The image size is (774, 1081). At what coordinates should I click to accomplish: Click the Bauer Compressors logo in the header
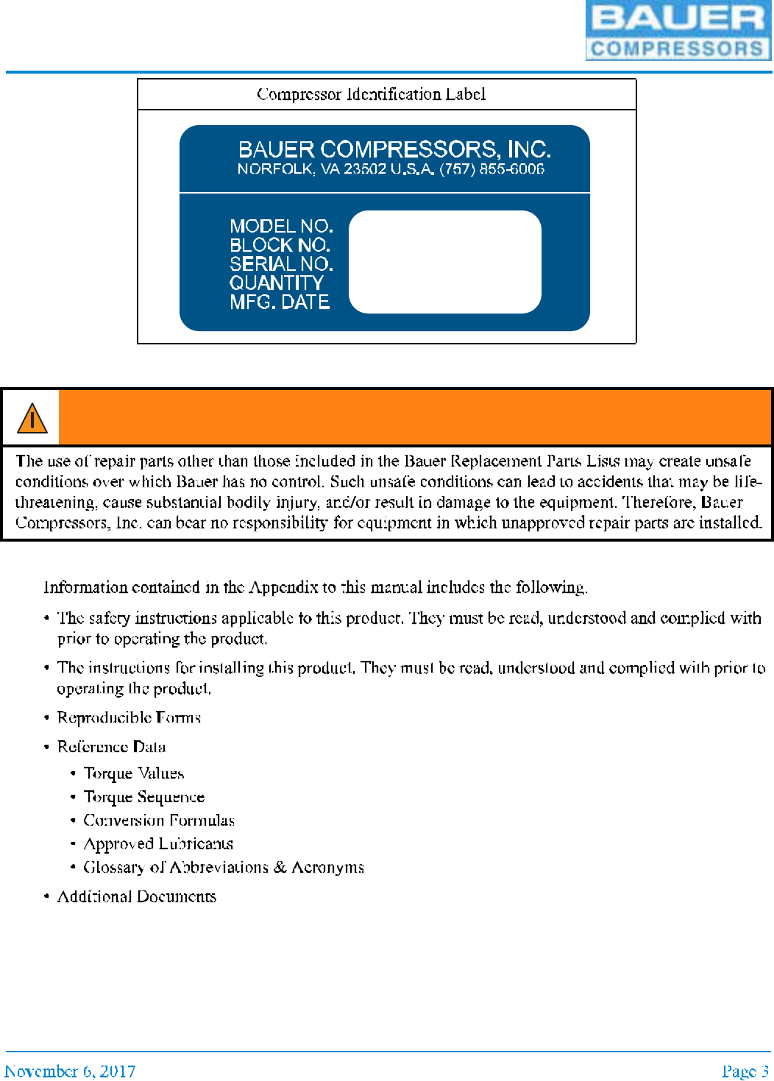click(678, 30)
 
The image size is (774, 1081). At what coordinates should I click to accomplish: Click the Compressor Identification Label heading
click(371, 94)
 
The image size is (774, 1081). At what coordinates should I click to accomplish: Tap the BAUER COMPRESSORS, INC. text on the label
click(394, 149)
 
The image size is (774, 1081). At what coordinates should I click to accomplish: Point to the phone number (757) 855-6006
click(492, 169)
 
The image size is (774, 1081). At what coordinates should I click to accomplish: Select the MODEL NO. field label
click(281, 225)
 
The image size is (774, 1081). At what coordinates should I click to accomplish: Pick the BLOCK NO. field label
click(280, 244)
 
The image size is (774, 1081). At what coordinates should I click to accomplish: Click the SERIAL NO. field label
click(281, 263)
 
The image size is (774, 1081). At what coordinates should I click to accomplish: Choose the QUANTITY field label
click(276, 283)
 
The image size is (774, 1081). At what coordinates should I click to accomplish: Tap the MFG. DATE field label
click(280, 302)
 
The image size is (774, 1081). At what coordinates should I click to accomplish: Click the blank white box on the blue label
click(444, 262)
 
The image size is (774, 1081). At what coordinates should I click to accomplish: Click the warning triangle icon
click(32, 418)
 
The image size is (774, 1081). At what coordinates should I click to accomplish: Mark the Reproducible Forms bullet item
click(129, 717)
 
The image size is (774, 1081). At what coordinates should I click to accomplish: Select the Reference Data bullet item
click(112, 747)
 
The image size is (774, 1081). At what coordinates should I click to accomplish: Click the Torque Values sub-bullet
click(134, 773)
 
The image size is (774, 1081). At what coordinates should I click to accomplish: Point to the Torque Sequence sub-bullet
click(144, 797)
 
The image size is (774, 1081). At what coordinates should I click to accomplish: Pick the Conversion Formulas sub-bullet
click(159, 821)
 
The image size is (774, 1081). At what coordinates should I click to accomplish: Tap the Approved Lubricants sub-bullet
click(158, 844)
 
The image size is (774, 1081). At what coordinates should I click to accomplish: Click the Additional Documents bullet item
click(137, 896)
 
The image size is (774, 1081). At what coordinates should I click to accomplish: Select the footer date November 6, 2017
click(70, 1071)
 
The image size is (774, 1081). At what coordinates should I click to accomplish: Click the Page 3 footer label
click(745, 1071)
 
